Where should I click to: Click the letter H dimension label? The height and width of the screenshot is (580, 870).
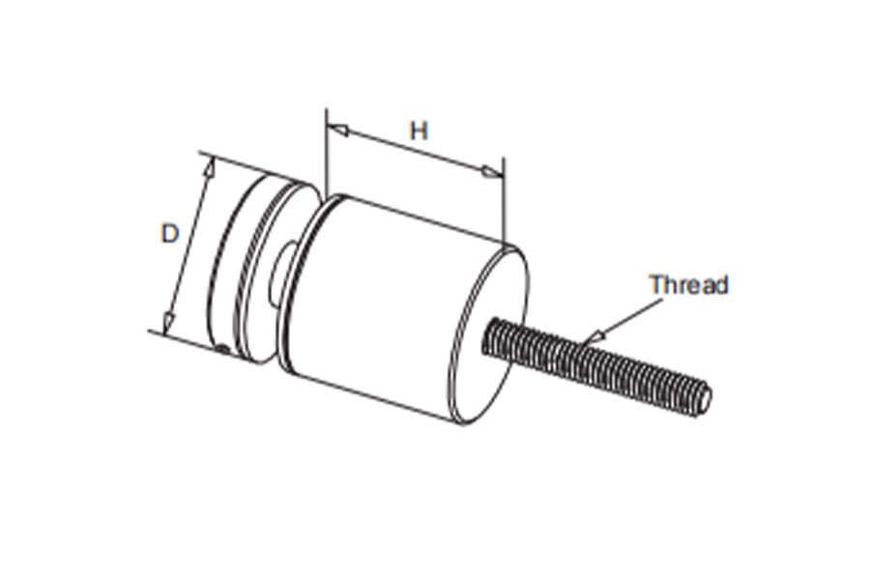point(419,131)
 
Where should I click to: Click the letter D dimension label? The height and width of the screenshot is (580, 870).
point(170,233)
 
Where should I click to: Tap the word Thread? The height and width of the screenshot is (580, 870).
point(689,285)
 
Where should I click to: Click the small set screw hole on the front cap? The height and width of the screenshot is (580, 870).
point(222,349)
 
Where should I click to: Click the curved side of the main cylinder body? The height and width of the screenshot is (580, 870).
point(383,305)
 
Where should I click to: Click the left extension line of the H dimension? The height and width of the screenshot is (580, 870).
point(327,151)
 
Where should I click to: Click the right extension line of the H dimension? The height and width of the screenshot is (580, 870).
point(505,201)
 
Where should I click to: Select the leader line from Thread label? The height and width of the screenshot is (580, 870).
point(628,318)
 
